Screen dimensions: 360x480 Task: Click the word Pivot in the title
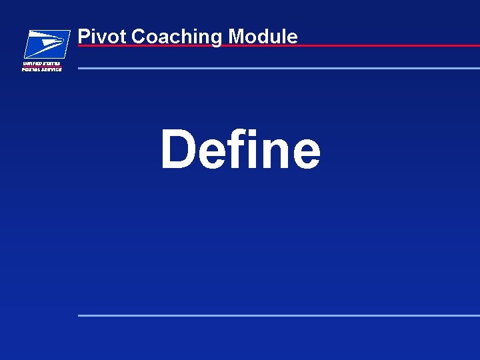tap(103, 36)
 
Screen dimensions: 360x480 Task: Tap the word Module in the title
tap(263, 36)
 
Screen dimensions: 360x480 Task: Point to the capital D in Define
tap(179, 149)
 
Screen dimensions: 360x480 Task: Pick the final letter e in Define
tap(306, 154)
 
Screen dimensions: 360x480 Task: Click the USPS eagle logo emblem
tap(47, 44)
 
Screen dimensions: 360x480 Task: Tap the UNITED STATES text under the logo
tap(42, 63)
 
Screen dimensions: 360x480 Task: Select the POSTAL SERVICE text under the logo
tap(42, 69)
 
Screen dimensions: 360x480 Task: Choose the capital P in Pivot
tap(83, 36)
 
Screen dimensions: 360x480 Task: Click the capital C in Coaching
tap(138, 37)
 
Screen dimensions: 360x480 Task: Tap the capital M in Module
tap(237, 36)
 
